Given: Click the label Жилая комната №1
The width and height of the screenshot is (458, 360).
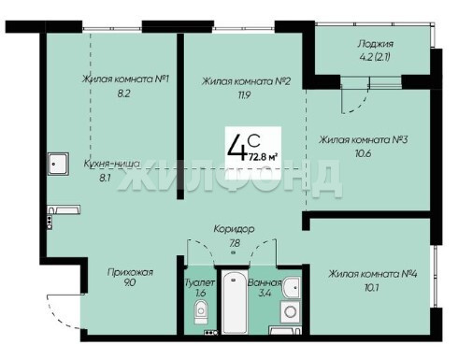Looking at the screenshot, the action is coord(125,79).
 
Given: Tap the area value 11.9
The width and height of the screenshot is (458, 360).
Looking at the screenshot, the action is coord(244,95).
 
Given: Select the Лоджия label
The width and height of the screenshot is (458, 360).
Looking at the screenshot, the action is coord(375,44).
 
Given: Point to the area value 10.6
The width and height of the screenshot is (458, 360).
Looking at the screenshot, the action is coord(363,153).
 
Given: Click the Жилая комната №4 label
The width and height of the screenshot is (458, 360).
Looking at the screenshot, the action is coord(373,274).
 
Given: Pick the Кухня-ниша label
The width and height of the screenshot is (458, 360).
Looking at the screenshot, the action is coord(111,164).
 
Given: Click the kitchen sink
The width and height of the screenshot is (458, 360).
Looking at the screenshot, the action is coord(58,164).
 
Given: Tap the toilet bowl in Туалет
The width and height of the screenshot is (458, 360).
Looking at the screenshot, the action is coord(201,311).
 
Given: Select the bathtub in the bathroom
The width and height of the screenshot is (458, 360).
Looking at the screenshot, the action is coord(235,302).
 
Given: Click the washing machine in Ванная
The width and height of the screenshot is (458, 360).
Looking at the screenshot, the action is coord(291,311).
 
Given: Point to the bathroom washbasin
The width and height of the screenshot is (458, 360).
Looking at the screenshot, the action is coord(292,287).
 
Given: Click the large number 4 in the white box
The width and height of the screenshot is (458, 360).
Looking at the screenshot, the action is coord(236,148).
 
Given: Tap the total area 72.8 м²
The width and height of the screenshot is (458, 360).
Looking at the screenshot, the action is coord(263,156).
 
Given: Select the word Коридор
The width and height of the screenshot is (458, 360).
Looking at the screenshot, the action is coord(234,229).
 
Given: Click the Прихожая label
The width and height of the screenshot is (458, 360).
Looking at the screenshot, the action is coord(130,272).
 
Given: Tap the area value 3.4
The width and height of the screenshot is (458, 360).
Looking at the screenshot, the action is coord(265,294).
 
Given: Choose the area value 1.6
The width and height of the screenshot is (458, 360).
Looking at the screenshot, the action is coord(201,294).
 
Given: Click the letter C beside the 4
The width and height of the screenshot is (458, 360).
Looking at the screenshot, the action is coord(254,141).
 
